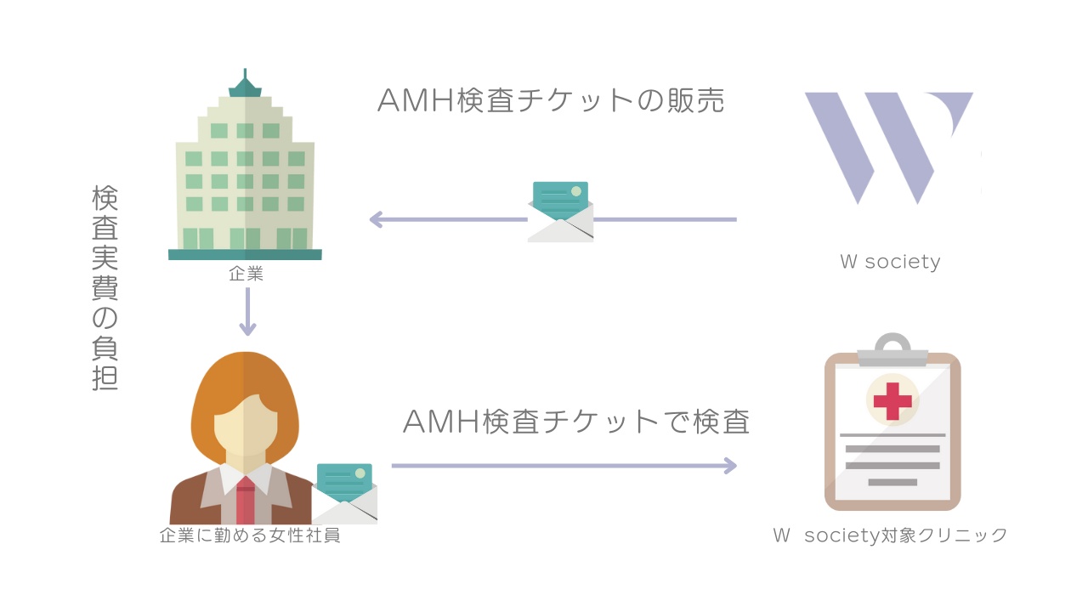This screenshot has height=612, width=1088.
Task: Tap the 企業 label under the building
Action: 246,274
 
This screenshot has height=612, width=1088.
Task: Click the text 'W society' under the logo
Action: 890,262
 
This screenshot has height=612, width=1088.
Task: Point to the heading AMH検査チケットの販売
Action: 551,100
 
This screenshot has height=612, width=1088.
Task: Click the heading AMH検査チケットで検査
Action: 576,422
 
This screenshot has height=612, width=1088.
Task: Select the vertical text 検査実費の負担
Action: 105,288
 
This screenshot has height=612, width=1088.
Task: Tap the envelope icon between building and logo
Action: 560,212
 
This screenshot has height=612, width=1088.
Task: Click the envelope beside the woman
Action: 345,493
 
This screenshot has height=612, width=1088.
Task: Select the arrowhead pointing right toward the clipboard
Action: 728,465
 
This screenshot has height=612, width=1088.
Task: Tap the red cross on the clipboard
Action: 892,400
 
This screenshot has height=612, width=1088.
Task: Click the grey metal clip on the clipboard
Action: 892,350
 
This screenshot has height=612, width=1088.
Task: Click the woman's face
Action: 246,425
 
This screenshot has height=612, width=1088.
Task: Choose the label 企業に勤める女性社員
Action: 250,535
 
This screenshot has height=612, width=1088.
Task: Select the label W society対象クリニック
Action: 890,535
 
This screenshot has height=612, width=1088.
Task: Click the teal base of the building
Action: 245,254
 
